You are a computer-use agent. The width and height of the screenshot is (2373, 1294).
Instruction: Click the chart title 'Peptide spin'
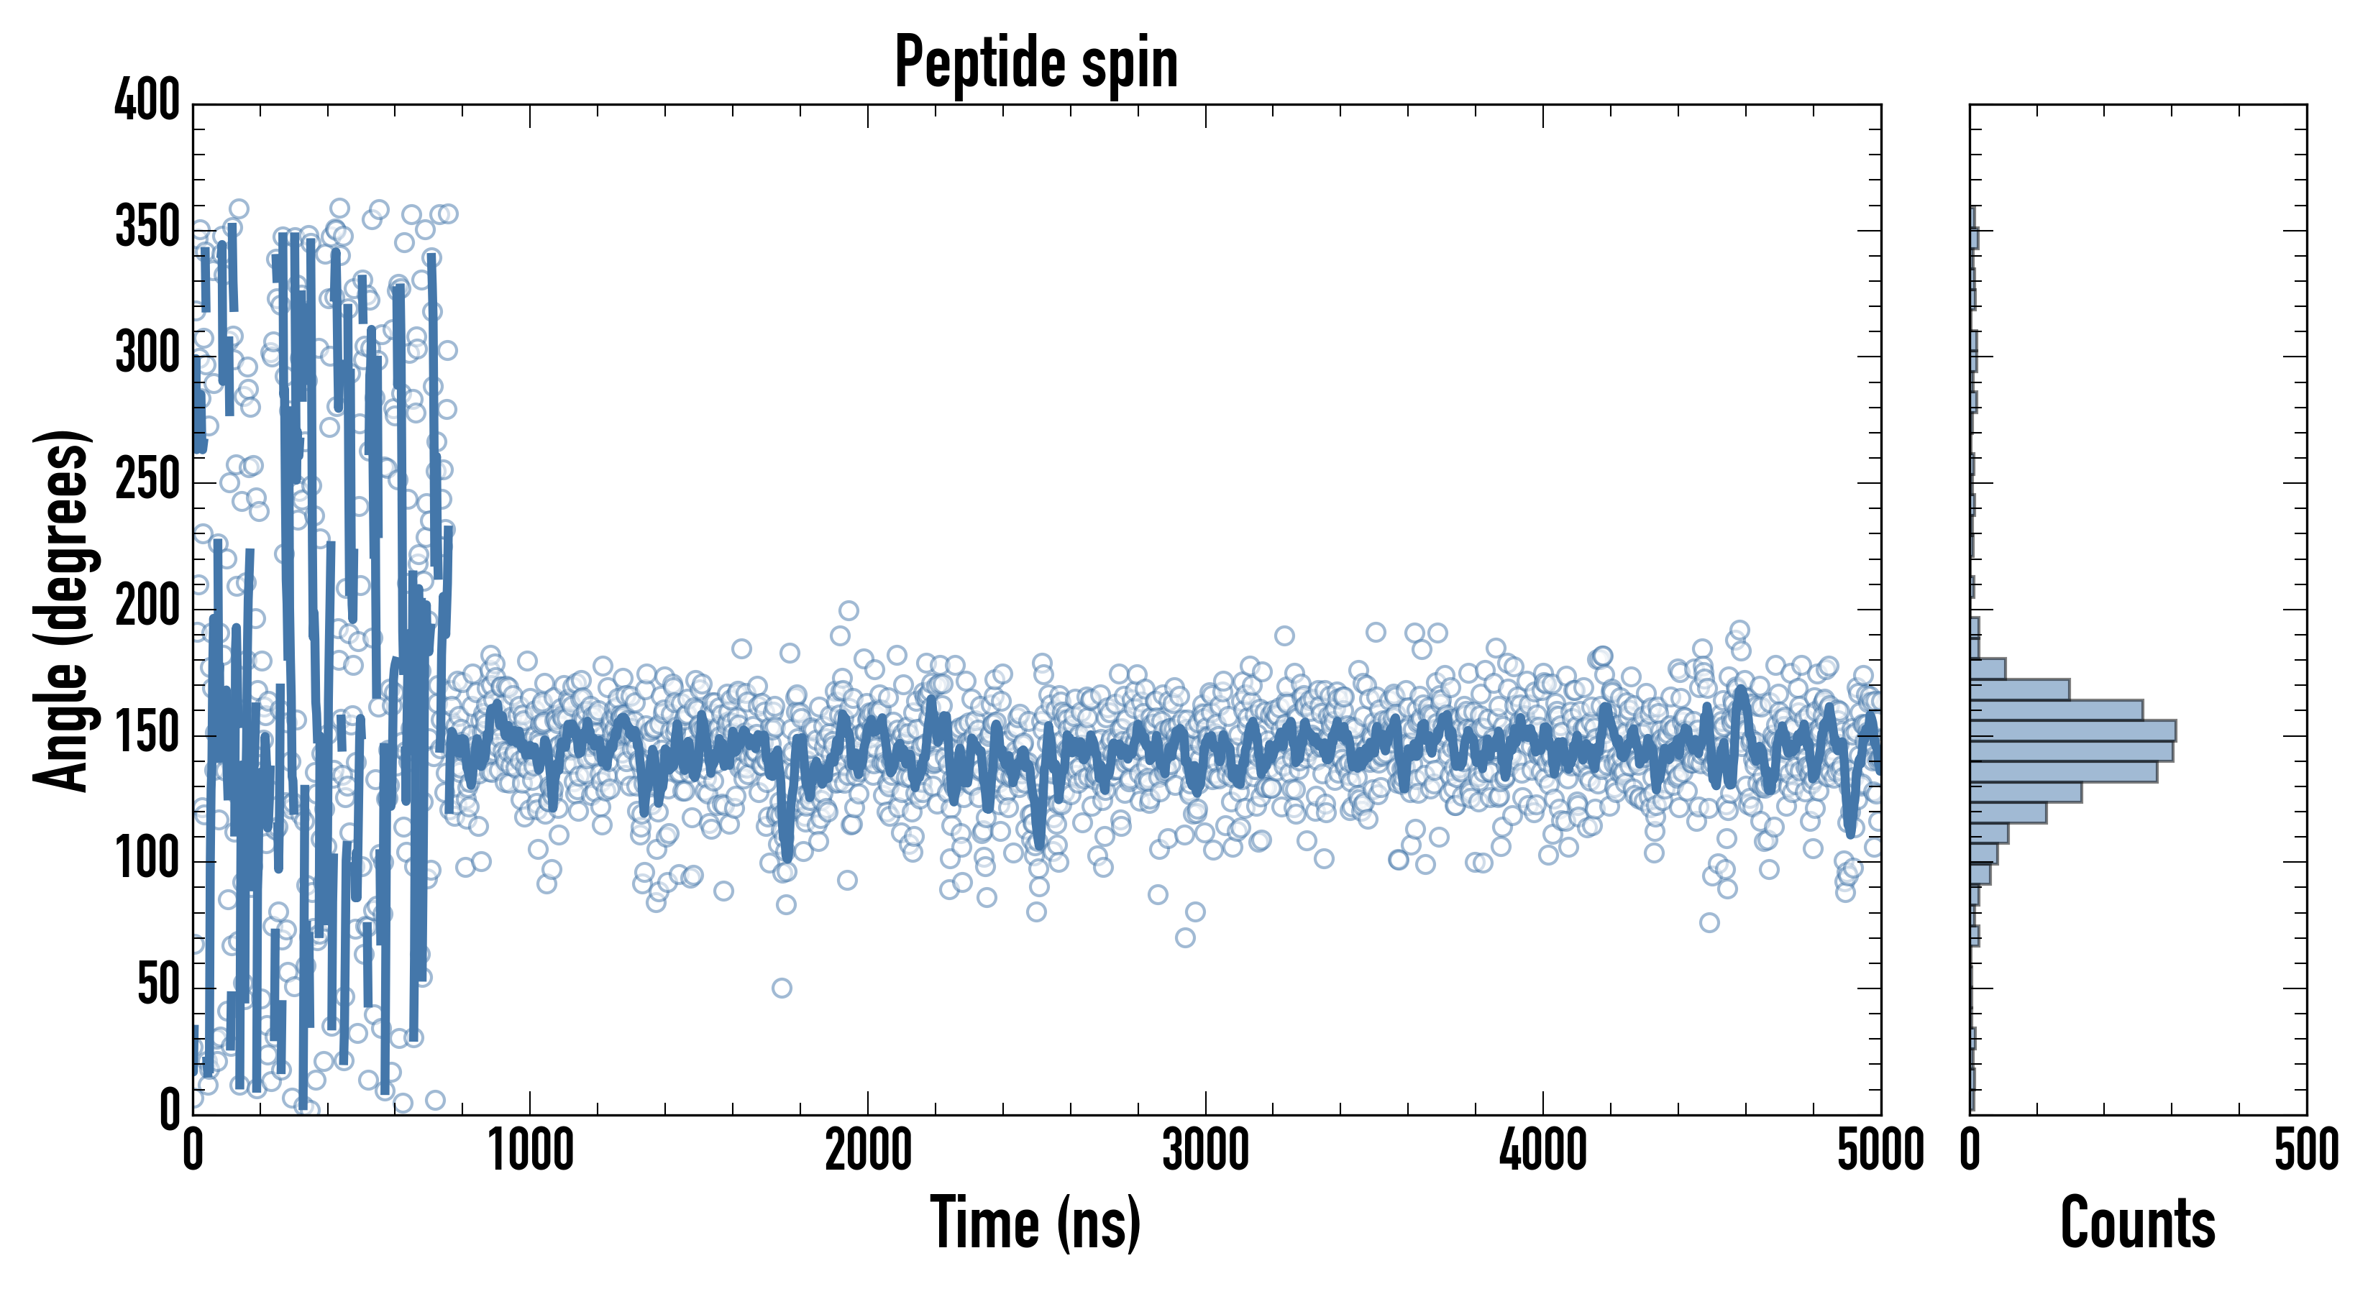(x=1036, y=63)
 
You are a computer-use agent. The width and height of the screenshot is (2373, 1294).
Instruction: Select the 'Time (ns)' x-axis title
(x=1035, y=1223)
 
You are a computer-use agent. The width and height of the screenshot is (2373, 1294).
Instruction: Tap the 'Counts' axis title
(x=2137, y=1223)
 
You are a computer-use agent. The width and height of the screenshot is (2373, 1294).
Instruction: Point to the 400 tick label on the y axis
(x=147, y=99)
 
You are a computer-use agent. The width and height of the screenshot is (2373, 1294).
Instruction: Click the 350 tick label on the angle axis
(x=147, y=226)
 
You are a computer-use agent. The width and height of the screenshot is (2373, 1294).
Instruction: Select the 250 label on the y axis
(x=147, y=479)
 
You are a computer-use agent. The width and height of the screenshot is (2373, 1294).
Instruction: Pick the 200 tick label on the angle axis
(x=147, y=606)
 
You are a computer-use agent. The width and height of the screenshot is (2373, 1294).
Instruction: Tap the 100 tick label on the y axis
(x=147, y=859)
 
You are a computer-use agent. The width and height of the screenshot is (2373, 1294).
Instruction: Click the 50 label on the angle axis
(x=158, y=986)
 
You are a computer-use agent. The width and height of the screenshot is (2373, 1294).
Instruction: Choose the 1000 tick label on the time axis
(x=531, y=1151)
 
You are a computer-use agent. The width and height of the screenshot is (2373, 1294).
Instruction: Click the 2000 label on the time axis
(x=868, y=1151)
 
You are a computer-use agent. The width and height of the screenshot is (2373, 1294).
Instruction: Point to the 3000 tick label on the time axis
(x=1205, y=1151)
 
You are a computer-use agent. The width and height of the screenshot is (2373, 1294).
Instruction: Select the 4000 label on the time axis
(x=1543, y=1151)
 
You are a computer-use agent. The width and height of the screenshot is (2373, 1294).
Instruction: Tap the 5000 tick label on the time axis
(x=1880, y=1151)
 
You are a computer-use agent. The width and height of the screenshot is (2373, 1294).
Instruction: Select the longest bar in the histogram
(x=2072, y=731)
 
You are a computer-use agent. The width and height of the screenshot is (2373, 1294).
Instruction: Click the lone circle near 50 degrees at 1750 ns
(x=781, y=988)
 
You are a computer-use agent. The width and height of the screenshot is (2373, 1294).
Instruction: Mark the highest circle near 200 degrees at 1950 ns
(x=849, y=610)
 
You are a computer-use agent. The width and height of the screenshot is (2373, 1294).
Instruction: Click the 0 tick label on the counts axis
(x=1970, y=1151)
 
